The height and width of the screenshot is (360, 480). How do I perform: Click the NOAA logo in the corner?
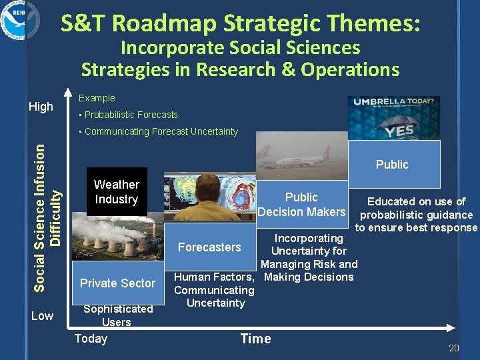click(20, 21)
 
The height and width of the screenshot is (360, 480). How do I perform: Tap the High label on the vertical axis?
click(41, 106)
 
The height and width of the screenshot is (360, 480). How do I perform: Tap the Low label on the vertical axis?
click(42, 315)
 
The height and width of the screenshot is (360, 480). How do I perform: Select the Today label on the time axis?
click(91, 339)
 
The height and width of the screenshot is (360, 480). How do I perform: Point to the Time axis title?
click(255, 339)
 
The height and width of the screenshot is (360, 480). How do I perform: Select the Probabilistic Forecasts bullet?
click(128, 115)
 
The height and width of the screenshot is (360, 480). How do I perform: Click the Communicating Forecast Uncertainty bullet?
click(158, 131)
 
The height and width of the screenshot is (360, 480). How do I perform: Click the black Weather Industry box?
click(117, 192)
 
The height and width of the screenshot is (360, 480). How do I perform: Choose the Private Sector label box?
click(117, 283)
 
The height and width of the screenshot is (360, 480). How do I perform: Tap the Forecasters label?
click(209, 247)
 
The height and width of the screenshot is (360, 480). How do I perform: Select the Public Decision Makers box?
click(301, 205)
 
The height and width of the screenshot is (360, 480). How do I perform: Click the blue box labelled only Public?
click(392, 164)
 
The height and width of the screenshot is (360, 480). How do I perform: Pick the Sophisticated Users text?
click(117, 315)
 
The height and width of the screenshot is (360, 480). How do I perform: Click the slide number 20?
click(454, 348)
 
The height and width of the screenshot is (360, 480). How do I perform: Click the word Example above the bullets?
click(97, 98)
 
